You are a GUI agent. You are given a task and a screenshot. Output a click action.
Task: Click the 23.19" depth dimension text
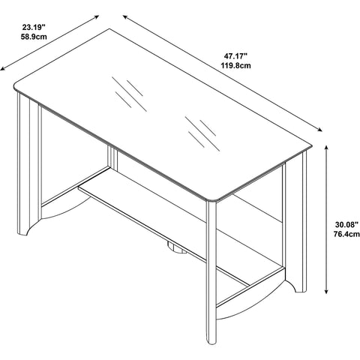34,26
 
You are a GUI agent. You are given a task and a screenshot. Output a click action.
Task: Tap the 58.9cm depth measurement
34,37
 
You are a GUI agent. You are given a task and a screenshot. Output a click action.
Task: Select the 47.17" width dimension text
235,55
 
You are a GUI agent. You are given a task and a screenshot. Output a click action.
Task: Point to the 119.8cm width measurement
235,66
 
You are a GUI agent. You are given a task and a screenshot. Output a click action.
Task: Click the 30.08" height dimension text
346,224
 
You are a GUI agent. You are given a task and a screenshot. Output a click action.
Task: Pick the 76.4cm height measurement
346,234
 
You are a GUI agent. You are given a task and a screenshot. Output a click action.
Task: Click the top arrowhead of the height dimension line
326,148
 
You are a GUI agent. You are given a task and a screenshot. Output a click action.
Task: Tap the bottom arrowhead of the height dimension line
326,291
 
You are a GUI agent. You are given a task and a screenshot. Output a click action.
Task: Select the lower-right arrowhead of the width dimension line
319,129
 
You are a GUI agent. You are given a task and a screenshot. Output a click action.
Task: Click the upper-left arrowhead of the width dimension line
125,17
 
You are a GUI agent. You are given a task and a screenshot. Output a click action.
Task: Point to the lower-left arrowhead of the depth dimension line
3,68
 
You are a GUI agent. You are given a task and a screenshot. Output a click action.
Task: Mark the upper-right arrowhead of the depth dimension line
96,17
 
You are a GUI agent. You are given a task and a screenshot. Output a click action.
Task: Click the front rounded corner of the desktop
212,199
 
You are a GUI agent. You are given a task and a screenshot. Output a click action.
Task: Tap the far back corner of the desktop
109,29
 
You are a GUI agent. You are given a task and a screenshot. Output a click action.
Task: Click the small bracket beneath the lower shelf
177,248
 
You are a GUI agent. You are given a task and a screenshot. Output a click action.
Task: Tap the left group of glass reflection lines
129,94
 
